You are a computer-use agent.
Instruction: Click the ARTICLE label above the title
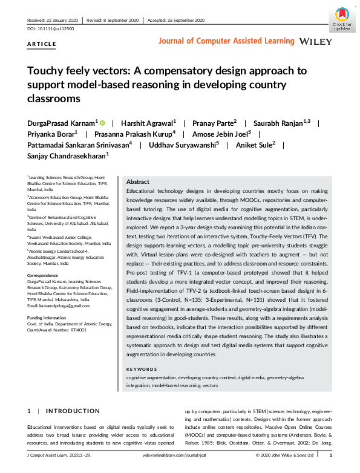[x=42, y=44]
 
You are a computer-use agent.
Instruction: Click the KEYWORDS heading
[x=142, y=369]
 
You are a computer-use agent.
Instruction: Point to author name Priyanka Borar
[x=51, y=134]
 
